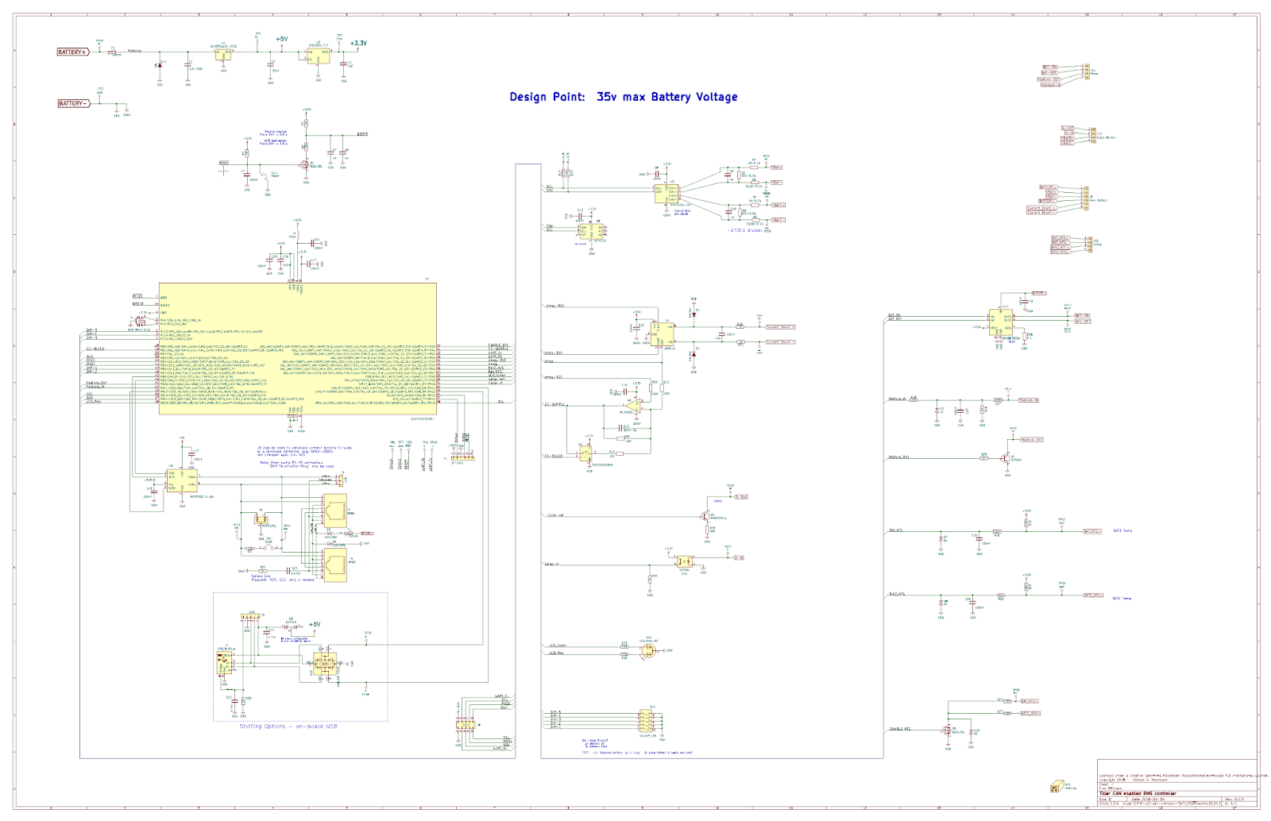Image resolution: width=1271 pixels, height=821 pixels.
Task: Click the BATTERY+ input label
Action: (71, 52)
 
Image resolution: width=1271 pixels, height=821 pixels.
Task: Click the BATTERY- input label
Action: (71, 103)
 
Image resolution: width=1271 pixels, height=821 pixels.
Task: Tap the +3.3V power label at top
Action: (358, 44)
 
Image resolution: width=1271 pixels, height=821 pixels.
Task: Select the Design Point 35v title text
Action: (623, 97)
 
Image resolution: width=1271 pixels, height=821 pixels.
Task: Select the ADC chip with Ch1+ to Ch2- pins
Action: (666, 192)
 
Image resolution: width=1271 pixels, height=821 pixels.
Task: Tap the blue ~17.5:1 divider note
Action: (744, 230)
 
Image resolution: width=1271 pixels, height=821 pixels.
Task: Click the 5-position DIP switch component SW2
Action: (649, 721)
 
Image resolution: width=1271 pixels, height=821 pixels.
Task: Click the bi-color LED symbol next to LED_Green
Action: (648, 651)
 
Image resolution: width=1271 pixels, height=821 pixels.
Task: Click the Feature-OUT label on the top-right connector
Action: (1049, 79)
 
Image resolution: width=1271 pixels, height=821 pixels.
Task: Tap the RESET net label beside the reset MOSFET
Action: (223, 163)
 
